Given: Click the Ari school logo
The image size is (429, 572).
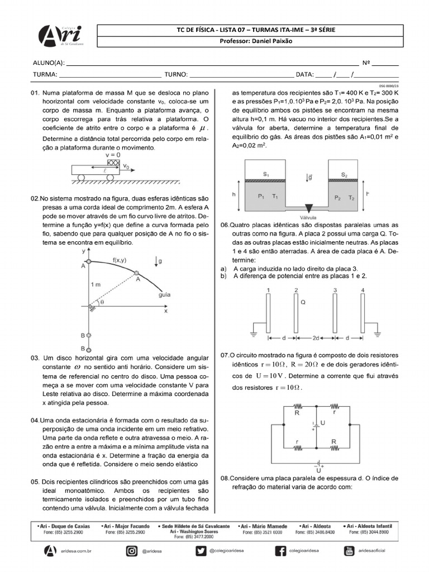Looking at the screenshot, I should point(60,37).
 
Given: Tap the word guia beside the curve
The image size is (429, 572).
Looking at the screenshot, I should point(165,294).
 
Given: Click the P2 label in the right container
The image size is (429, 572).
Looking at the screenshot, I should point(337,197).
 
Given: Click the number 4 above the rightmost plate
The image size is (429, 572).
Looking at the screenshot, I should point(363,290).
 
